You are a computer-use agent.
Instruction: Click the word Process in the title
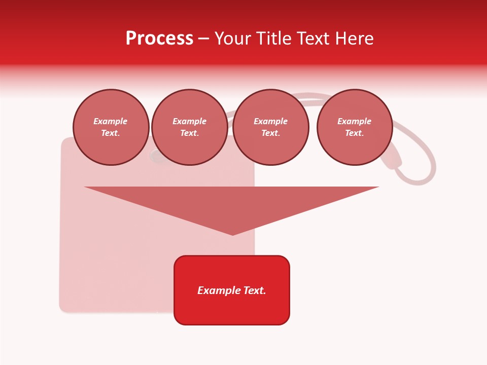point(159,39)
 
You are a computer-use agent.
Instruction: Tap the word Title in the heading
point(274,39)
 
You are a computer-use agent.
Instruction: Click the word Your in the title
point(232,39)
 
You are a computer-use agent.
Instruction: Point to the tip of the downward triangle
point(233,234)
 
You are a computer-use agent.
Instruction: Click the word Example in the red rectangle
point(219,290)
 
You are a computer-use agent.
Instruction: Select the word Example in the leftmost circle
point(111,121)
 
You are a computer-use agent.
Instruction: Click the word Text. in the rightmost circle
point(354,133)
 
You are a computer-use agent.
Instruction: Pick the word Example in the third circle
point(270,121)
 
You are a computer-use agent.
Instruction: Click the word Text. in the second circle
point(189,133)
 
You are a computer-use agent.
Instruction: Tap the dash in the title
point(203,39)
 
